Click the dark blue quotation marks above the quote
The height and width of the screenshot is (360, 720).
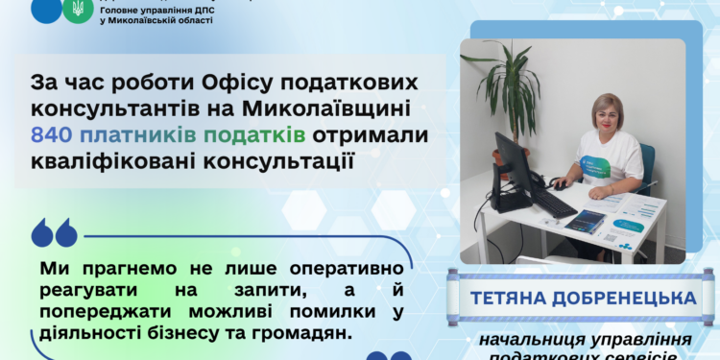point(53,233)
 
